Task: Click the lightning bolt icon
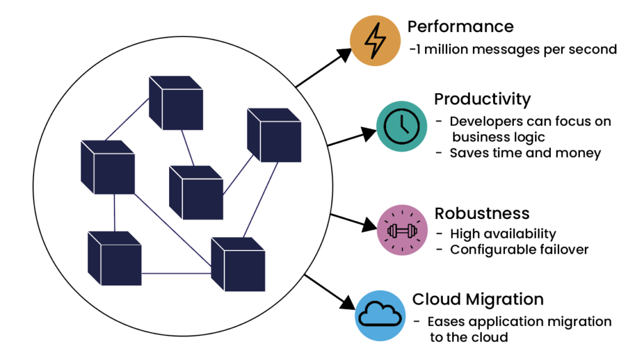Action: pyautogui.click(x=375, y=40)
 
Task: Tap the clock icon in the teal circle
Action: pyautogui.click(x=402, y=127)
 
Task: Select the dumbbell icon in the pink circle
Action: pyautogui.click(x=402, y=230)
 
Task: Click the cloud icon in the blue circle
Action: pyautogui.click(x=380, y=315)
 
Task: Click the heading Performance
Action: pyautogui.click(x=460, y=26)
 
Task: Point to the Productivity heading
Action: pyautogui.click(x=482, y=99)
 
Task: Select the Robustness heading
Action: pyautogui.click(x=482, y=213)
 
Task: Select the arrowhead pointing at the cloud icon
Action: pyautogui.click(x=347, y=302)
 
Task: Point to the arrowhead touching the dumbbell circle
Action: pyautogui.click(x=369, y=225)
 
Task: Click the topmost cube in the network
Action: pyautogui.click(x=176, y=103)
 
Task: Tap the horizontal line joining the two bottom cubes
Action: pyautogui.click(x=176, y=273)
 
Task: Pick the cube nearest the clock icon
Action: pyautogui.click(x=274, y=135)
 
